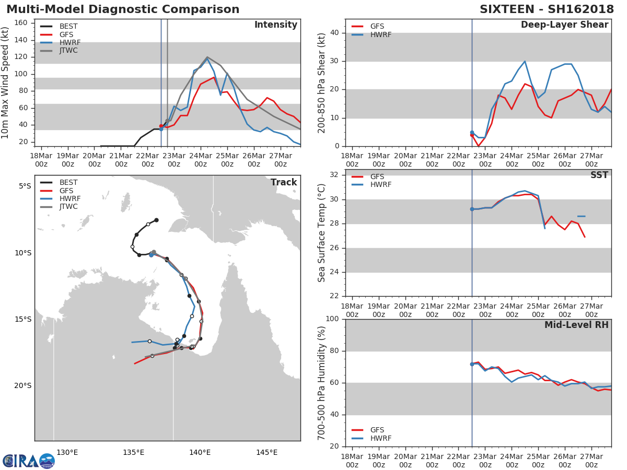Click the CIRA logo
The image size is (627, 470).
[29, 461]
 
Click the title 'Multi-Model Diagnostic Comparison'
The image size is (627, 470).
[123, 9]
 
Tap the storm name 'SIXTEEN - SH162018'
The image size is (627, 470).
[547, 9]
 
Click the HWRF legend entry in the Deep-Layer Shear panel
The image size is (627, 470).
[371, 34]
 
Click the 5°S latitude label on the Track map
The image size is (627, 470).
[25, 186]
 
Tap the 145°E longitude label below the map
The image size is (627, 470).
[267, 452]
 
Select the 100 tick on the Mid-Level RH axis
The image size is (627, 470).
[332, 319]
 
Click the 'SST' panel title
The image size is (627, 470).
[599, 175]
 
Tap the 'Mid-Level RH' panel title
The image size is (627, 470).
[576, 325]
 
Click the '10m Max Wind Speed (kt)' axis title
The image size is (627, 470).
[5, 83]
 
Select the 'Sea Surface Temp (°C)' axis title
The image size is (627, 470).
[321, 233]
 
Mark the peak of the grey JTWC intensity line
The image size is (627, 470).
[207, 57]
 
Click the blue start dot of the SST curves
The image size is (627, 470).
[472, 209]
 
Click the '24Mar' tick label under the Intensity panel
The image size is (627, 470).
[201, 156]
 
